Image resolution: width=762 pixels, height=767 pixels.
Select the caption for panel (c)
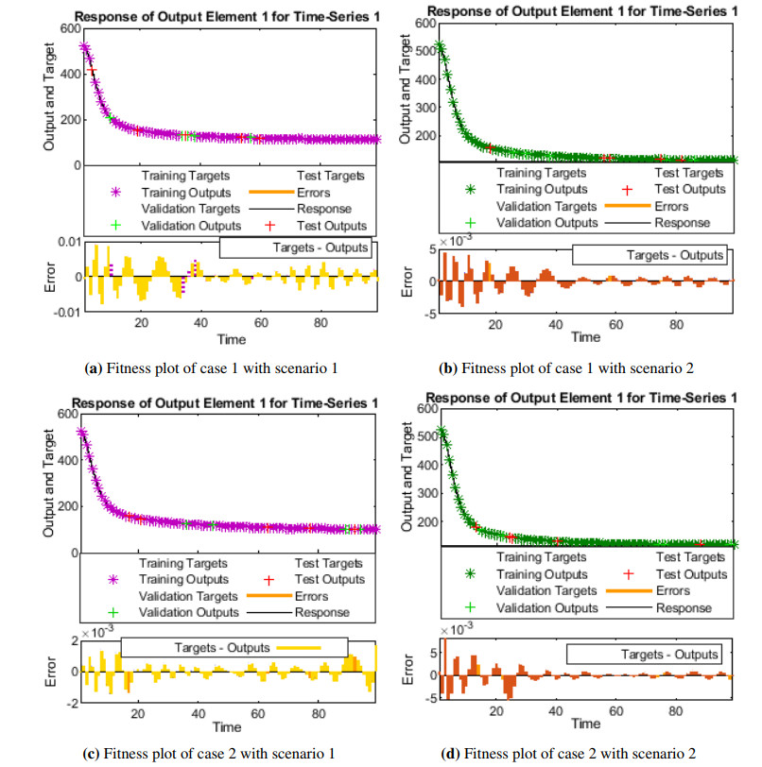click(221, 753)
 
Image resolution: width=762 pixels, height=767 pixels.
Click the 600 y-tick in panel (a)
click(67, 27)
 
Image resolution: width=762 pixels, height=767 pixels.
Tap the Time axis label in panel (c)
click(227, 728)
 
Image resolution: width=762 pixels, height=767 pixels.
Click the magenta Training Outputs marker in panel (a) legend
click(117, 192)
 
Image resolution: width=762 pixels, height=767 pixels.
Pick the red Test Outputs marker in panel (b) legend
click(646, 188)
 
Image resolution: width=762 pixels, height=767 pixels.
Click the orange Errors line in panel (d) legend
click(627, 590)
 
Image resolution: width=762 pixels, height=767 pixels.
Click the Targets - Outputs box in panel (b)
click(649, 255)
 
